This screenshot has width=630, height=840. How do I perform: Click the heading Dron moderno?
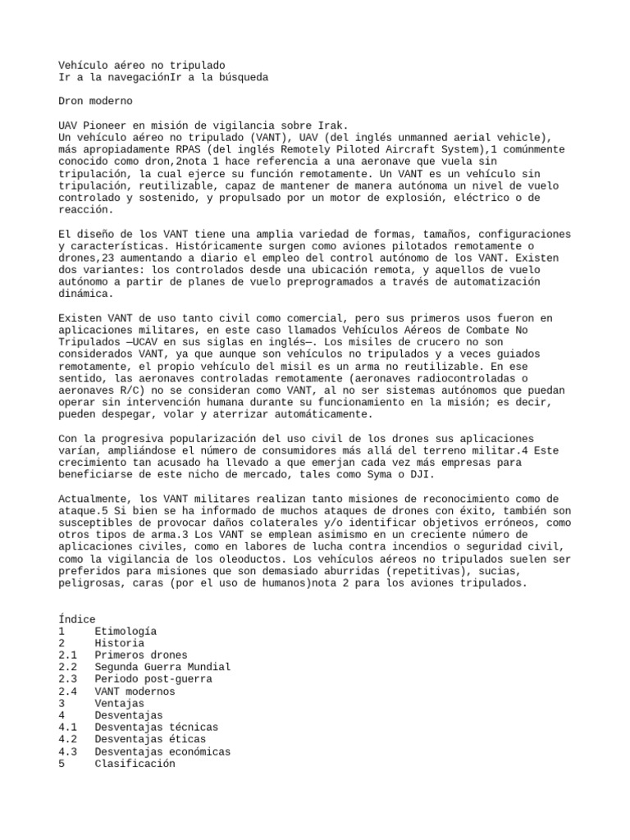95,101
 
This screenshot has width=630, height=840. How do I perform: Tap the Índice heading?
77,619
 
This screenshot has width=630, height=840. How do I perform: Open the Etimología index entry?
126,631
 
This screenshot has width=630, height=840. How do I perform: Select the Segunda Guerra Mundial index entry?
162,667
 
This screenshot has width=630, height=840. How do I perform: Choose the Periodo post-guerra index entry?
153,679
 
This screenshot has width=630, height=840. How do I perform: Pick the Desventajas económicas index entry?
162,751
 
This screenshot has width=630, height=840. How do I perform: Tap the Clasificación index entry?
135,763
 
